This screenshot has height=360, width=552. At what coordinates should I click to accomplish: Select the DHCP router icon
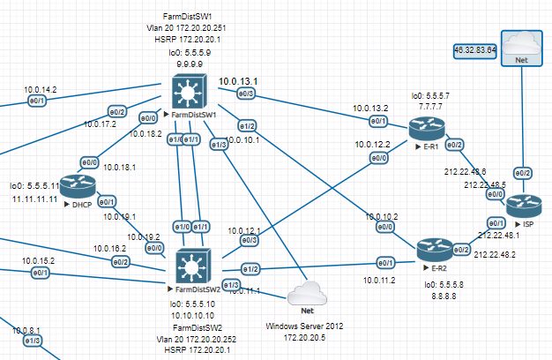click(77, 184)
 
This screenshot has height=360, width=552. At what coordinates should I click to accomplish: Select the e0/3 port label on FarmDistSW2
click(250, 239)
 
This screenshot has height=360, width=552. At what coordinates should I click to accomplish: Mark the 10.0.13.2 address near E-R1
click(370, 109)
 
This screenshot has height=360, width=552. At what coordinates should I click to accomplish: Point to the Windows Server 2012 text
click(305, 326)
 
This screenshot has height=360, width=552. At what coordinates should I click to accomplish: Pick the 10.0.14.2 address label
click(41, 89)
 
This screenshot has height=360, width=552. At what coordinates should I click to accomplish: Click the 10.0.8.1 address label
click(28, 330)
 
